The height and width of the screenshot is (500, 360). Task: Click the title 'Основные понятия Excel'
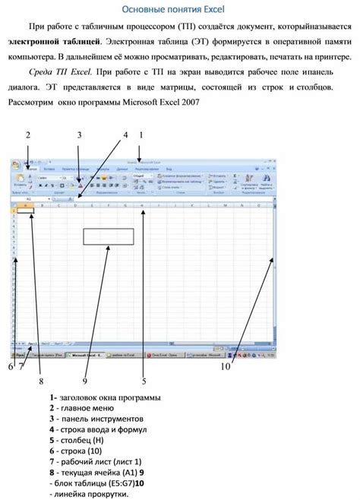pos(179,9)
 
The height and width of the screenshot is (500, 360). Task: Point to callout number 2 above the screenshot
pos(27,135)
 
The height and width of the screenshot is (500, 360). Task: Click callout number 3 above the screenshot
pos(79,135)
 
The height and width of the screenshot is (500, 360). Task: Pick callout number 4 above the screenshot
pos(125,135)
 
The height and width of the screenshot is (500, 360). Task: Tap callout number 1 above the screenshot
pos(141,135)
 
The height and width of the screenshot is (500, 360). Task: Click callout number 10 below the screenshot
pos(226,366)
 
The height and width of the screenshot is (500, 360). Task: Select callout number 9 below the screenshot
pos(85,380)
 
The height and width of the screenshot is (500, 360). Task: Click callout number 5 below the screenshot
pos(143,380)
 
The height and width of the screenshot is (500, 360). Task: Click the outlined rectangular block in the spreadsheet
pos(108,236)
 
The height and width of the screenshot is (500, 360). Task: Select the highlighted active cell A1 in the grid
pos(26,211)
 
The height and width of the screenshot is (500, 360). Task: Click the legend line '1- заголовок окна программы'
pos(105,397)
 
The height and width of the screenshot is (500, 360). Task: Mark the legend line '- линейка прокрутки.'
pos(89,493)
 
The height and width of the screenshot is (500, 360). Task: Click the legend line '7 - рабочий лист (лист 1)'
pos(96,461)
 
